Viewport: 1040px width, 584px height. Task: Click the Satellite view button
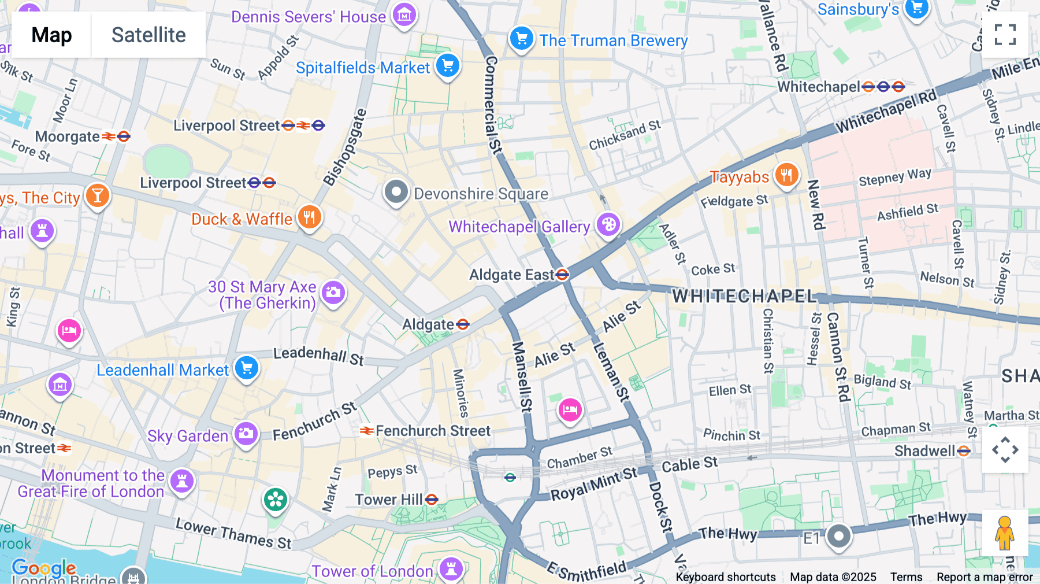(x=148, y=35)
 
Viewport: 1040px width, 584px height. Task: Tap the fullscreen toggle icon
(x=1005, y=35)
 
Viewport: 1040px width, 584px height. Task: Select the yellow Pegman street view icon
(x=1005, y=533)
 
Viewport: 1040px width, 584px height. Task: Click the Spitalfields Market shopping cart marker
(x=448, y=66)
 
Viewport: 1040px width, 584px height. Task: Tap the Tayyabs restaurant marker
(x=786, y=174)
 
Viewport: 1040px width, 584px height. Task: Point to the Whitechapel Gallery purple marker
(x=608, y=224)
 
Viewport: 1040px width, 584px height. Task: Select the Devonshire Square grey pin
(x=396, y=191)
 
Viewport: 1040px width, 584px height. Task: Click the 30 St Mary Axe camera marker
(x=333, y=293)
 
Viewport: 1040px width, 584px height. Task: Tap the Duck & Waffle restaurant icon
(x=310, y=217)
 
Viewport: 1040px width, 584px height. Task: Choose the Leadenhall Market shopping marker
(x=247, y=368)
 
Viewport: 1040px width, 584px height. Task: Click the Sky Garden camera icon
(x=246, y=433)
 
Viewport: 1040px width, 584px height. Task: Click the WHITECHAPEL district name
(x=744, y=297)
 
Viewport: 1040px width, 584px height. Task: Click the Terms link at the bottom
(x=906, y=577)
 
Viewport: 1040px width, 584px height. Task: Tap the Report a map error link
(x=985, y=577)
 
